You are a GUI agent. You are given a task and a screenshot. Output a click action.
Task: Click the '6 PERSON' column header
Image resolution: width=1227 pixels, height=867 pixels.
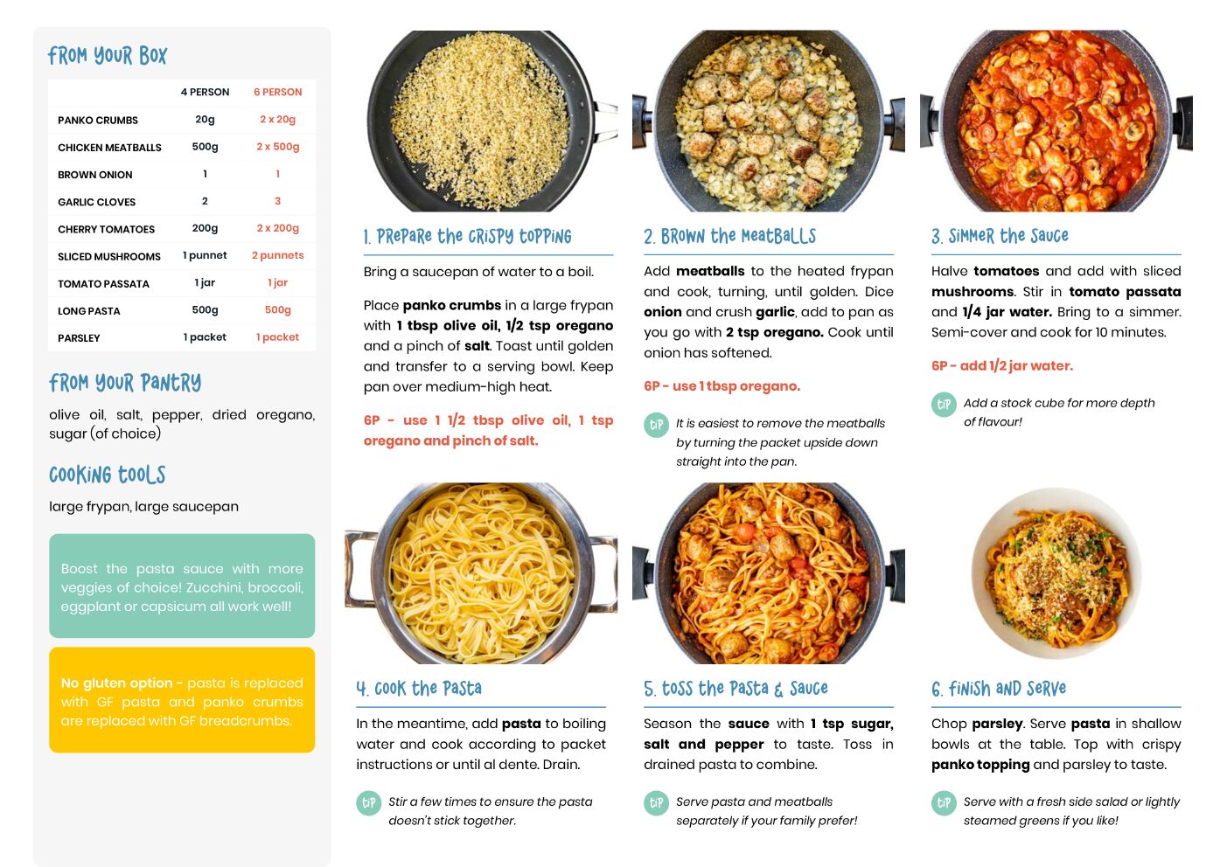277,92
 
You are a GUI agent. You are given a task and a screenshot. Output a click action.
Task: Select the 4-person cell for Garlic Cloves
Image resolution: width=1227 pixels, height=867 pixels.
205,201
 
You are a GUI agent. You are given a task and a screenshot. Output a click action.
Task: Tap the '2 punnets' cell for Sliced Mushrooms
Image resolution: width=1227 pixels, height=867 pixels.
278,255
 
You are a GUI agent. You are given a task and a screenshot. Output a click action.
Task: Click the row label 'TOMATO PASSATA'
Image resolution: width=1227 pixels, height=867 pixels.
103,283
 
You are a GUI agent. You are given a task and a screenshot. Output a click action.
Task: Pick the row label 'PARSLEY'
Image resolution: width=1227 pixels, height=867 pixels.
79,338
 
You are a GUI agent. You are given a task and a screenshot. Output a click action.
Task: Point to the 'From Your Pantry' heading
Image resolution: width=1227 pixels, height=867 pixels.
125,383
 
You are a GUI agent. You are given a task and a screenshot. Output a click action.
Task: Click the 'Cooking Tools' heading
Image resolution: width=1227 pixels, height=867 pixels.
108,475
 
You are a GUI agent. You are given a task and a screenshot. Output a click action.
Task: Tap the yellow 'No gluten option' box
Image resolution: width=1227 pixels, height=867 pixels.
182,700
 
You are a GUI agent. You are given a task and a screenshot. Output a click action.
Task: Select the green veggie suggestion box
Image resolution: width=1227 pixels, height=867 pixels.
182,586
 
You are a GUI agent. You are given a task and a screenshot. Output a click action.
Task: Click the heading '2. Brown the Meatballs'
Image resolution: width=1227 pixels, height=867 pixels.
729,236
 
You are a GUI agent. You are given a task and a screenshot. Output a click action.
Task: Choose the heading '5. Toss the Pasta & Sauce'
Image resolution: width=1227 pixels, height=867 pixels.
736,688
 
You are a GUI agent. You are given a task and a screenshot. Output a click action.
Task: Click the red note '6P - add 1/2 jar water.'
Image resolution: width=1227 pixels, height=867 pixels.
1002,365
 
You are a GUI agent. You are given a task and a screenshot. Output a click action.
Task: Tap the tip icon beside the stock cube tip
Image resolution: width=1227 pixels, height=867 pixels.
944,405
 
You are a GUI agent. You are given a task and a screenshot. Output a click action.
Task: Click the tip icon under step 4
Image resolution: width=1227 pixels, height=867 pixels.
369,803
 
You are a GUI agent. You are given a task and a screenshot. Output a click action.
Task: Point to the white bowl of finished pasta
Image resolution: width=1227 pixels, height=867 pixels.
1056,573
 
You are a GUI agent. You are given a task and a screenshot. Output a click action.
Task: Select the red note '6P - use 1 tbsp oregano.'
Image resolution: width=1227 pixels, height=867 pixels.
722,386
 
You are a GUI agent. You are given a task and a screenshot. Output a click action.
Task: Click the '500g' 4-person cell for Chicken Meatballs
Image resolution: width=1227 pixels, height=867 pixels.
205,146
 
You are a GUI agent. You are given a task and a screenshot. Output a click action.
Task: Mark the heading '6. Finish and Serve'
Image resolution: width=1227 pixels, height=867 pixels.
999,688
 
